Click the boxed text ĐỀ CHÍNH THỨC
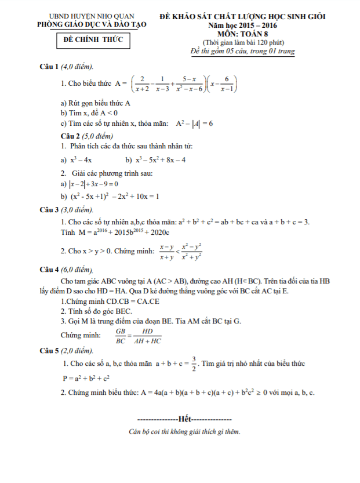(x=93, y=41)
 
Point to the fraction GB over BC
(x=121, y=336)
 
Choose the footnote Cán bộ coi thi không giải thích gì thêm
(x=185, y=432)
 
